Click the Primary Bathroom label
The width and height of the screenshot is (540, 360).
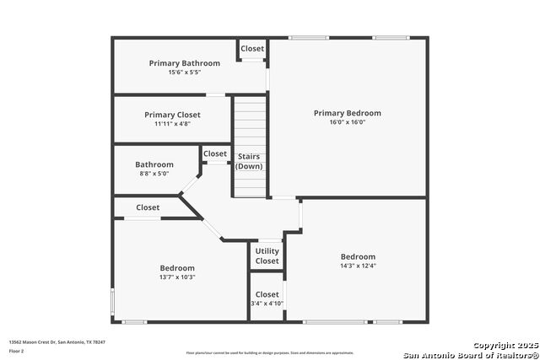pyautogui.click(x=184, y=63)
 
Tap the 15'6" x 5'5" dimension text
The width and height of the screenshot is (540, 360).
pyautogui.click(x=184, y=73)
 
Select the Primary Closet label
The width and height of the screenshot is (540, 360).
pyautogui.click(x=171, y=115)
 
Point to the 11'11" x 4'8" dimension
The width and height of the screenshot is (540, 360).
pyautogui.click(x=172, y=124)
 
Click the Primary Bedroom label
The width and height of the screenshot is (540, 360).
pyautogui.click(x=347, y=113)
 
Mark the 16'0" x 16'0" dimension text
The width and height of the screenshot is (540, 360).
pyautogui.click(x=347, y=122)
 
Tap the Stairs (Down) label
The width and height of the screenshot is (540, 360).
pyautogui.click(x=249, y=161)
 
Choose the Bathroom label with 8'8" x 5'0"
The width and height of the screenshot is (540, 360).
pyautogui.click(x=154, y=164)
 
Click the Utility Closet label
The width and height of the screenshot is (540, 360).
pyautogui.click(x=267, y=256)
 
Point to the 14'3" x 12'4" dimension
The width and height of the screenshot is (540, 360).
pyautogui.click(x=358, y=266)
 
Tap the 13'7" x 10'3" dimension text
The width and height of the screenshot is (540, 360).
pyautogui.click(x=177, y=277)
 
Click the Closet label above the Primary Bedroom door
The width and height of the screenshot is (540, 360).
pyautogui.click(x=252, y=49)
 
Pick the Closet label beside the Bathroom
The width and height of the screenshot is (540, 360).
pyautogui.click(x=215, y=153)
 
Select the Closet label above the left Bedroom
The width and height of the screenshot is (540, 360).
pyautogui.click(x=148, y=207)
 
